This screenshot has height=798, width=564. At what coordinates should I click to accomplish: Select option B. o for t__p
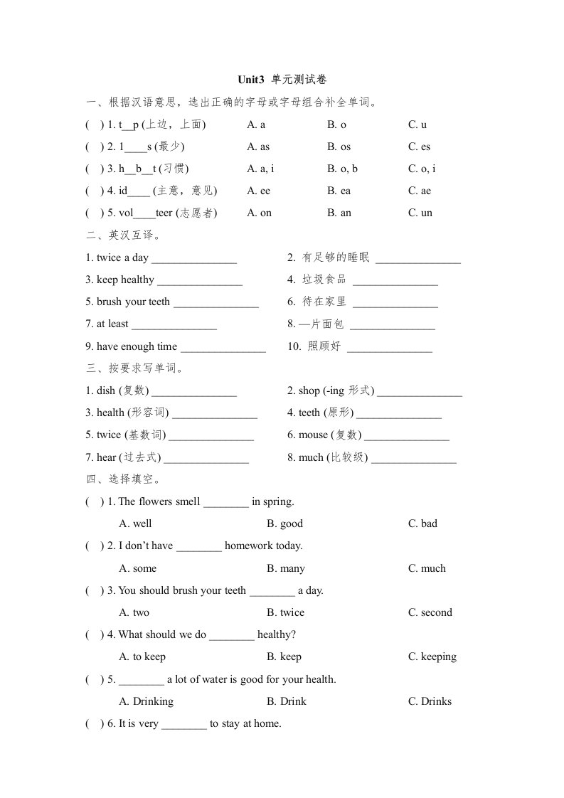[336, 124]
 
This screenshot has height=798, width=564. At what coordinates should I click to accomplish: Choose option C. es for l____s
[419, 147]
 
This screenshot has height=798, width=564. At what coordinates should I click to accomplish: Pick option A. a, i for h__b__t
[260, 169]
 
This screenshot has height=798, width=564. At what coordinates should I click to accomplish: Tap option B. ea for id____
[339, 191]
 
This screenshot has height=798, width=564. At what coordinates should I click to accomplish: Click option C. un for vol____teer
[420, 213]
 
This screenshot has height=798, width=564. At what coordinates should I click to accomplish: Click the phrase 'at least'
[107, 324]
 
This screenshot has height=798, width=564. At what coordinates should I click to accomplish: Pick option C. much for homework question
[427, 568]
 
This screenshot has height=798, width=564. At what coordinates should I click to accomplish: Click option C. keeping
[432, 656]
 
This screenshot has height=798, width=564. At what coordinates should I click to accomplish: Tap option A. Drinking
[146, 701]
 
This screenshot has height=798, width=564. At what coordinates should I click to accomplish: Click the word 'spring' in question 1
[277, 502]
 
